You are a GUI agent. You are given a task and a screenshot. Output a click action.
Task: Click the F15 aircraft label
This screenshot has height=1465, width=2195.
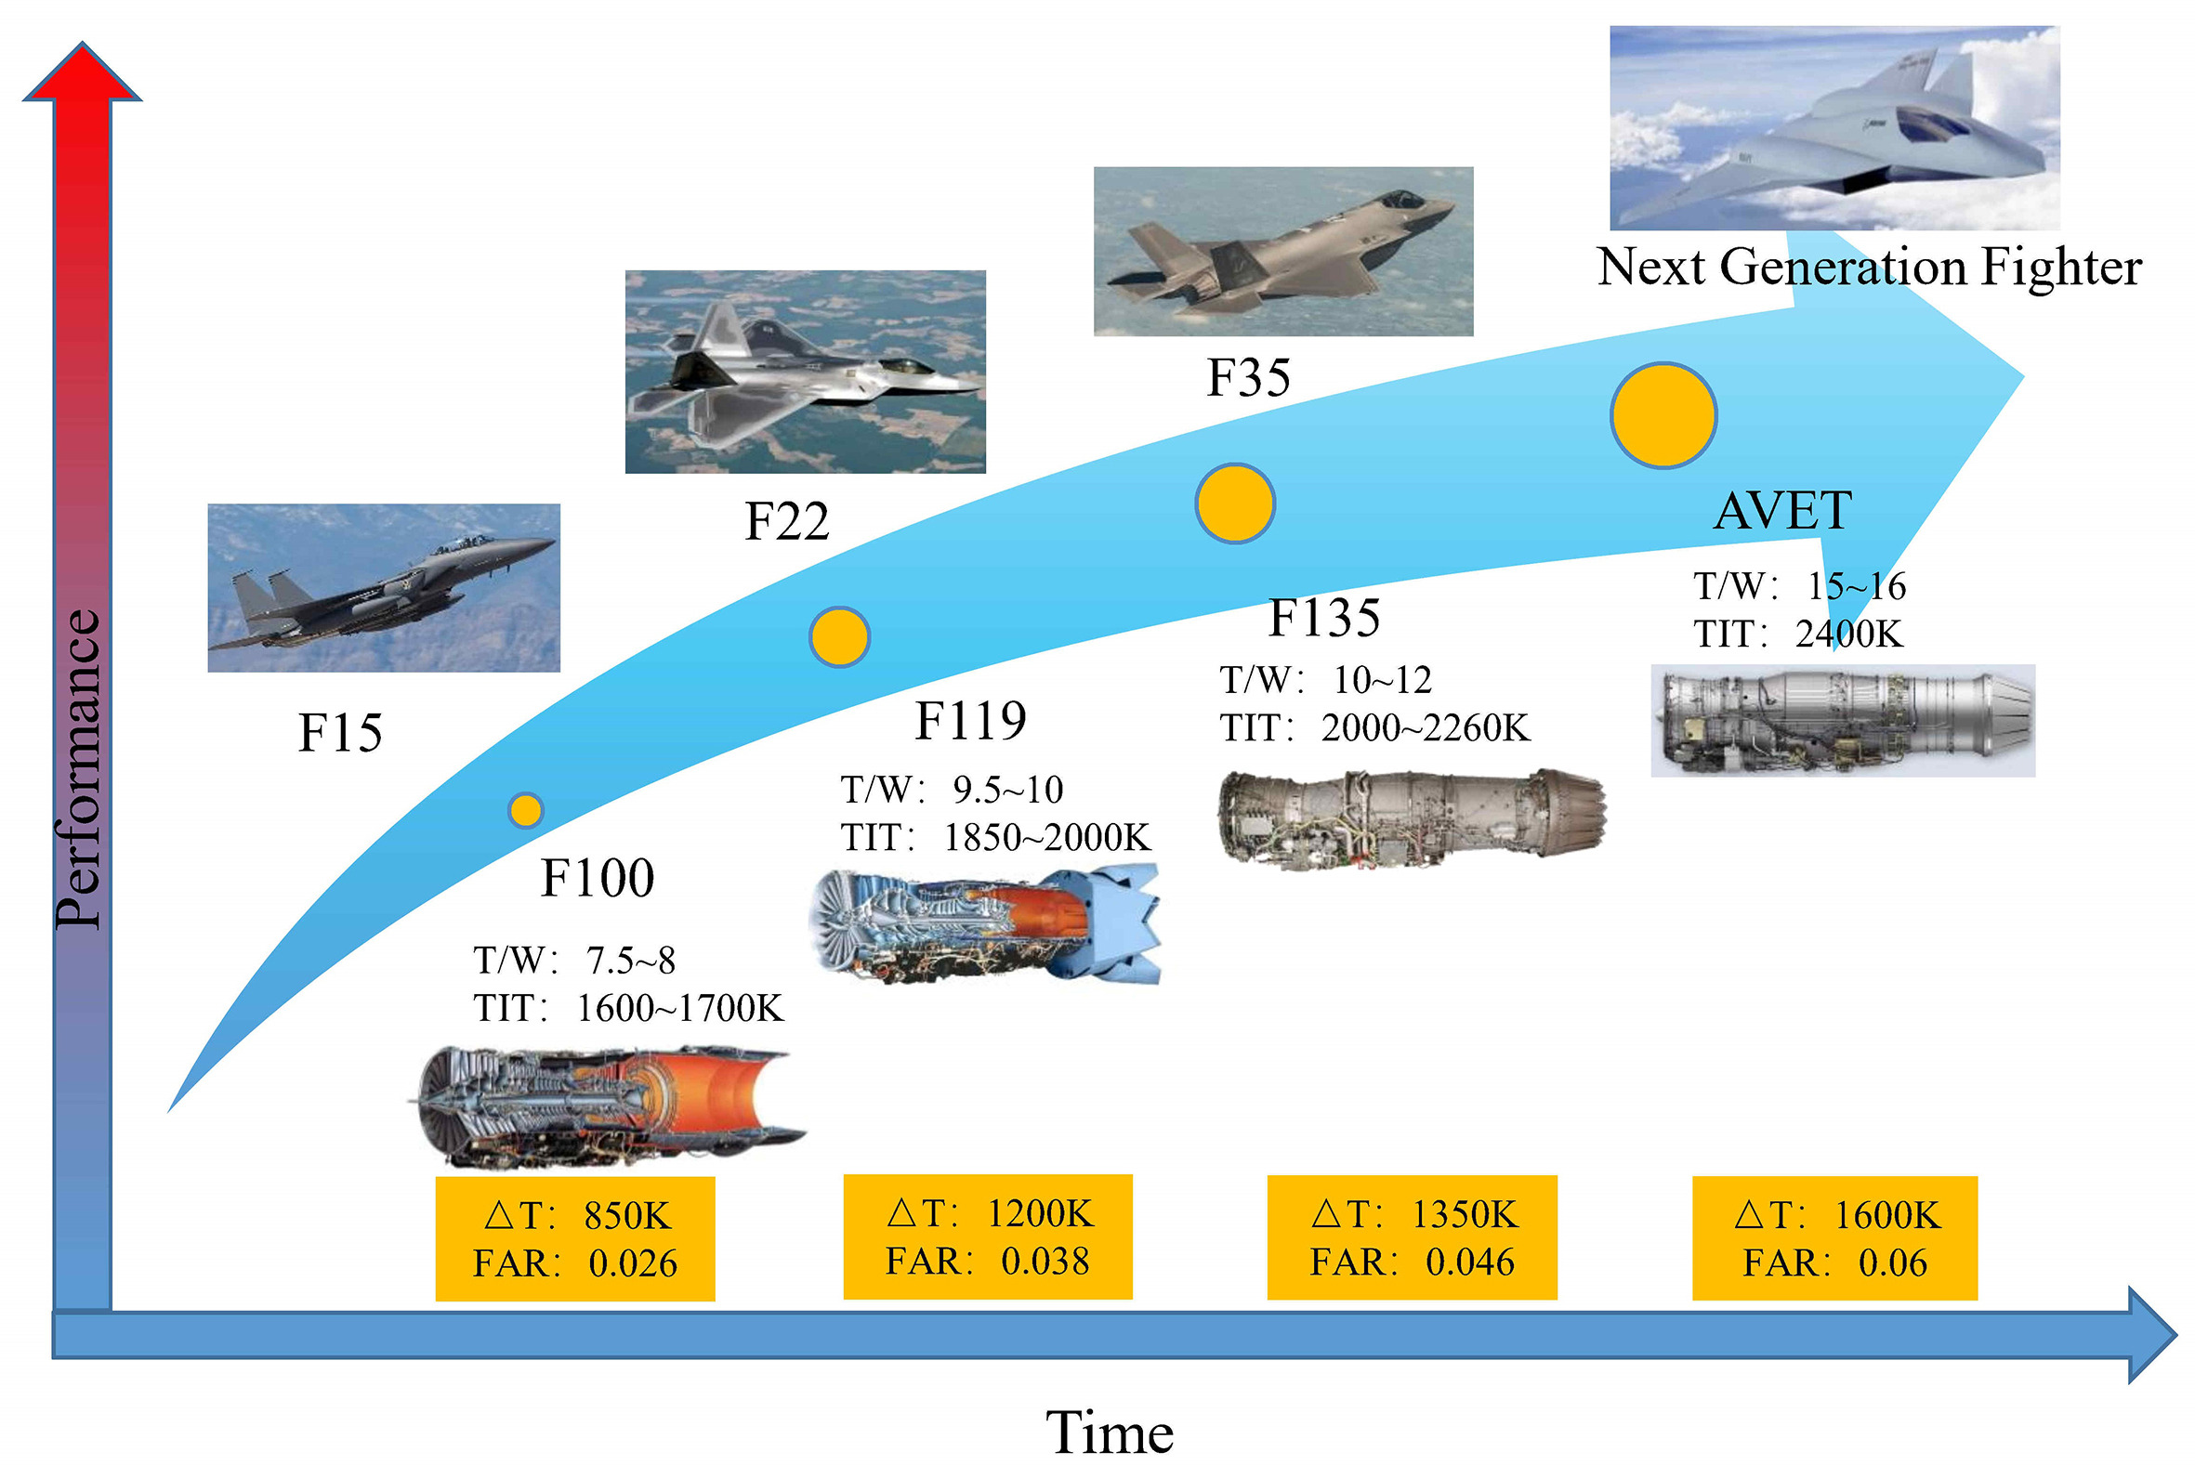point(340,731)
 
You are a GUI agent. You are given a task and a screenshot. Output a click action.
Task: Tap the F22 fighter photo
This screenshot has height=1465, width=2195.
point(806,372)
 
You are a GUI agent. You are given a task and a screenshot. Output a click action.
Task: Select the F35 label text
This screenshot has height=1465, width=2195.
point(1248,377)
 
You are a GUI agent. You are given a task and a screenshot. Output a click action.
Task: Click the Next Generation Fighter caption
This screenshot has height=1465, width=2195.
point(1869,268)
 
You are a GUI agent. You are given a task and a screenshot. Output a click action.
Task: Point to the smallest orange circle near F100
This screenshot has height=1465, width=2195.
point(526,810)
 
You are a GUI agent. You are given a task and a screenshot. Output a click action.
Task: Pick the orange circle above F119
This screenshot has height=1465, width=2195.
point(839,636)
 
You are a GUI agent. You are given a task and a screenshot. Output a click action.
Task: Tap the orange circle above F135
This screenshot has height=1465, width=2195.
point(1234,504)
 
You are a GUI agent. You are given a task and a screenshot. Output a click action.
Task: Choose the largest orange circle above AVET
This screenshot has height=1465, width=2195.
point(1663,416)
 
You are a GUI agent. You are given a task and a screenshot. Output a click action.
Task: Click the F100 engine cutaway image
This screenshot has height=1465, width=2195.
point(608,1107)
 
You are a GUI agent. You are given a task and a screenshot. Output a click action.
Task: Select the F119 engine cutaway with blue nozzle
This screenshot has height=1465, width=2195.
point(986,925)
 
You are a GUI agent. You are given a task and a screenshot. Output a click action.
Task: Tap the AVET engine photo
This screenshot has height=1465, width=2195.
point(1843,720)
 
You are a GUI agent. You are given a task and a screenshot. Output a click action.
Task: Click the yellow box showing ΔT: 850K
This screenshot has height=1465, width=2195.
point(575,1239)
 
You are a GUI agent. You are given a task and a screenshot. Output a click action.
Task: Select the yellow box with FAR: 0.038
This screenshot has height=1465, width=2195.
point(988,1237)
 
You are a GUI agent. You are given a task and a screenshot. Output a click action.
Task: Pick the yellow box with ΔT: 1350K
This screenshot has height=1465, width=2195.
point(1412,1238)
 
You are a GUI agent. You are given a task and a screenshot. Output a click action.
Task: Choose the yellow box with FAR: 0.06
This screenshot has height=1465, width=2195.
point(1835,1238)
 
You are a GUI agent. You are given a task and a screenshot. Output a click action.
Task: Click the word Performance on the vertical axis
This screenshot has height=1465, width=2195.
point(77,768)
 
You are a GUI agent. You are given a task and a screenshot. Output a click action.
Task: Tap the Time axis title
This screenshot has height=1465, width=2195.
point(1110,1432)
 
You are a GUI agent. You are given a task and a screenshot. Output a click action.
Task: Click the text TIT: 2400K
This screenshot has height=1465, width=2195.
point(1798,634)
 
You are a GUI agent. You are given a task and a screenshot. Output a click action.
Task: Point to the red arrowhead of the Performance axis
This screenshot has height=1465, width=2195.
point(82,71)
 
